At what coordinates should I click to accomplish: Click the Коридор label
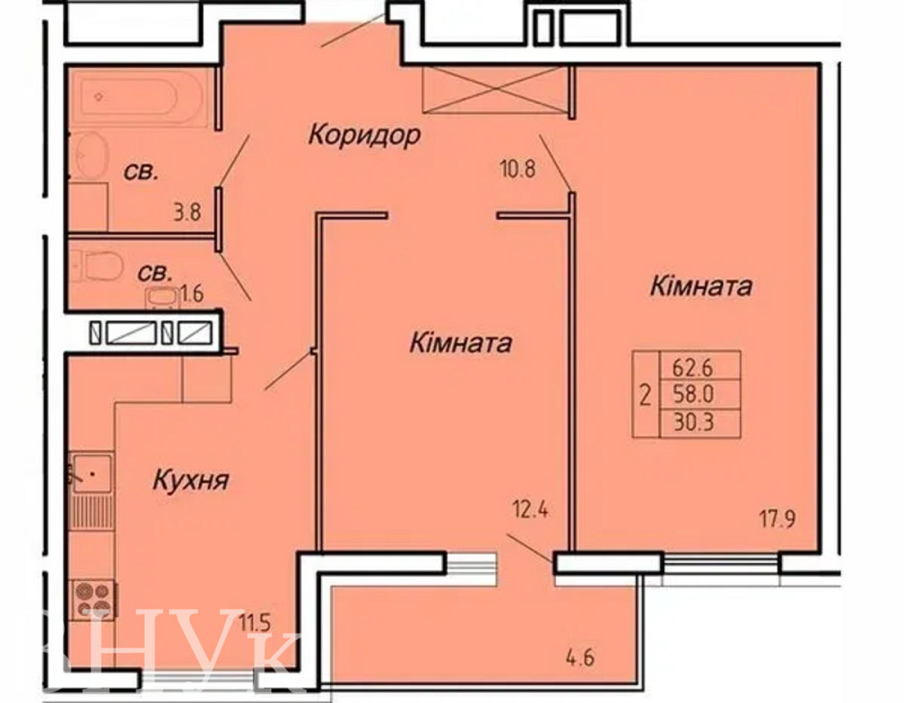pyautogui.click(x=364, y=136)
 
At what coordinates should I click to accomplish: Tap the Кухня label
pyautogui.click(x=189, y=480)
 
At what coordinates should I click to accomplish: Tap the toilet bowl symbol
pyautogui.click(x=98, y=265)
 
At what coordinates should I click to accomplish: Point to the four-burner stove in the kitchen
pyautogui.click(x=94, y=597)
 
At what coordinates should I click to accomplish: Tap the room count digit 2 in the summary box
pyautogui.click(x=645, y=395)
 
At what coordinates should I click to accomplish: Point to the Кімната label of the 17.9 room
pyautogui.click(x=701, y=287)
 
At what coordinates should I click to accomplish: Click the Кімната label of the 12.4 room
pyautogui.click(x=461, y=343)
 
